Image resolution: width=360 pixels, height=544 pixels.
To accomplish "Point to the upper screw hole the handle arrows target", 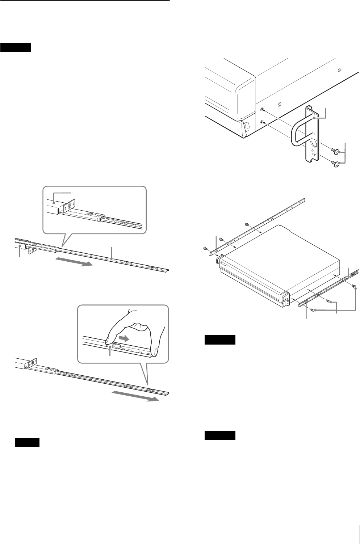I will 262,109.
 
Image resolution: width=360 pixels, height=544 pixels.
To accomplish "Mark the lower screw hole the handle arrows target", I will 262,122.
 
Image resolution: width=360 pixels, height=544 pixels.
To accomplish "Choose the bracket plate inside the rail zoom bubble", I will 68,207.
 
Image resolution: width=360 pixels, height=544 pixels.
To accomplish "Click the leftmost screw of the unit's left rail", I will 205,248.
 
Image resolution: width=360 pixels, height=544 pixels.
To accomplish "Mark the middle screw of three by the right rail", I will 328,300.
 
